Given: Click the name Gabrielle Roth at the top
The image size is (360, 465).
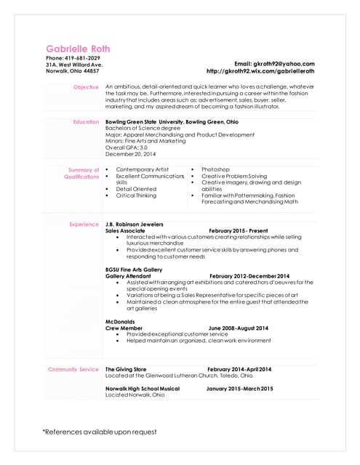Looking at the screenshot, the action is [78, 49].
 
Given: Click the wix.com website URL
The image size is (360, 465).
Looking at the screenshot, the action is [260, 71].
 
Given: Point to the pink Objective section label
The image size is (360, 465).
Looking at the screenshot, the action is [86, 87].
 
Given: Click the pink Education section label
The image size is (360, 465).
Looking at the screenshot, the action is [86, 121].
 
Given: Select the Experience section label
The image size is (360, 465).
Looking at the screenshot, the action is [84, 224].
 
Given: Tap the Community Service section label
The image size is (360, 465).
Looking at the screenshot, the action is [73, 369].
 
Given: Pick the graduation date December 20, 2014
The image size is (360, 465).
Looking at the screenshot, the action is [131, 154].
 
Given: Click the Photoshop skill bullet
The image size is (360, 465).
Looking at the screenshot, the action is [215, 169].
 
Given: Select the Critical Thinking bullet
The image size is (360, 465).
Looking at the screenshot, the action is [135, 195].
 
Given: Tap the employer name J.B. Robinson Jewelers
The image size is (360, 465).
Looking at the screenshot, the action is [135, 224].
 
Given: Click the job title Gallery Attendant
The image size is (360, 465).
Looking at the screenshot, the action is [128, 276].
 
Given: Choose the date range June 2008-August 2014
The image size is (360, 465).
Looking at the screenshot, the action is [239, 328].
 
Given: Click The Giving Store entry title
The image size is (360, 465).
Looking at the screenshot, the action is [126, 369].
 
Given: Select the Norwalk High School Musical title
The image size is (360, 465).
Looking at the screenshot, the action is [143, 389].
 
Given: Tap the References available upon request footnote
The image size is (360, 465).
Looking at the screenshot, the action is [100, 432].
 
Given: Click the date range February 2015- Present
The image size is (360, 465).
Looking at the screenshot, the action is [239, 230].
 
